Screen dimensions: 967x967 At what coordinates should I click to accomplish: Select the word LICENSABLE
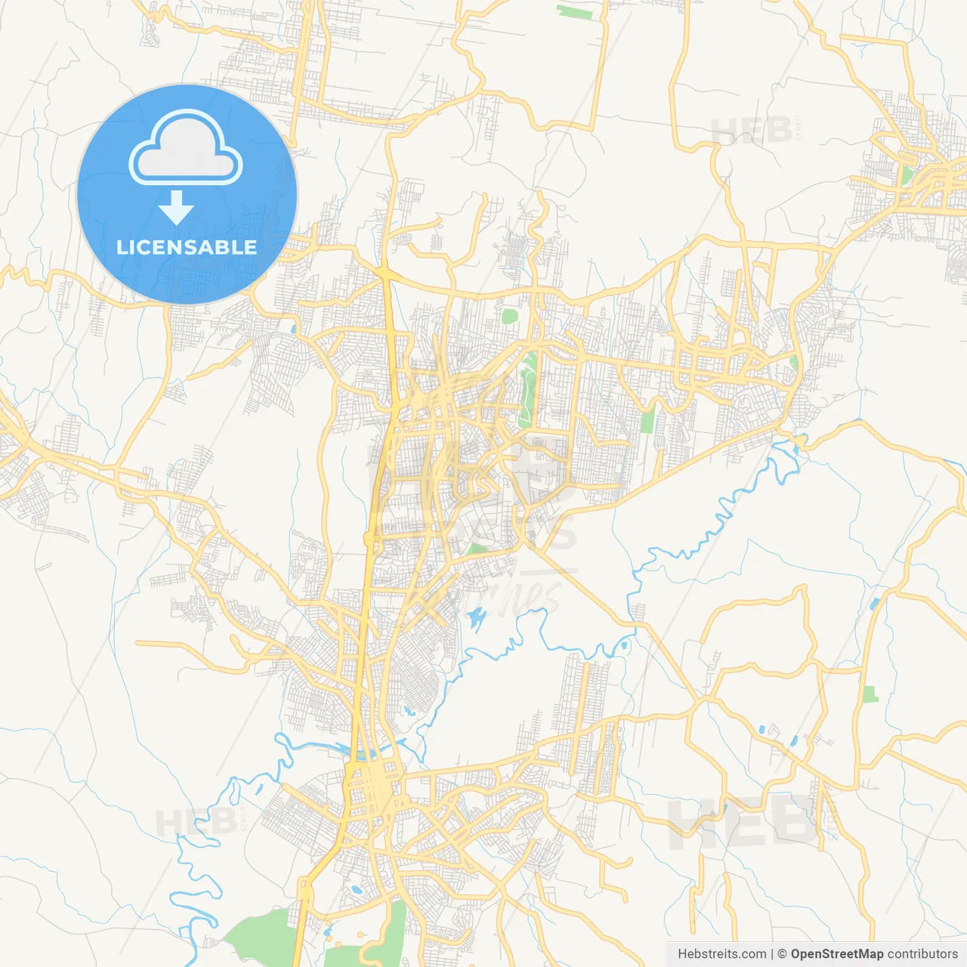(187, 247)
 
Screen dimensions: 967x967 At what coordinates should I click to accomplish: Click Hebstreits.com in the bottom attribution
(721, 954)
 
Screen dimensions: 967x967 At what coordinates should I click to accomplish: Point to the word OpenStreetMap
(836, 954)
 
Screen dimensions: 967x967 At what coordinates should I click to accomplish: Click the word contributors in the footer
(922, 954)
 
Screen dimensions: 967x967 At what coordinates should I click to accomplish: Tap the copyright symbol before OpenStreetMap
(782, 954)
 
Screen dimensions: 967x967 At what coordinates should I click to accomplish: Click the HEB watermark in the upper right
(751, 130)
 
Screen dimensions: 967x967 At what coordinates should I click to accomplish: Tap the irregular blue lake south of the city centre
(477, 621)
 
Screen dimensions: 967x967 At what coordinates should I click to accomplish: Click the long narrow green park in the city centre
(528, 389)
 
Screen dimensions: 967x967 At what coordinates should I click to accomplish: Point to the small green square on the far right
(870, 694)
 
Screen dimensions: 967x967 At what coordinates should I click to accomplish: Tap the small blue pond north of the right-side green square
(875, 604)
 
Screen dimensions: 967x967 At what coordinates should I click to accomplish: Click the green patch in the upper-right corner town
(906, 175)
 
